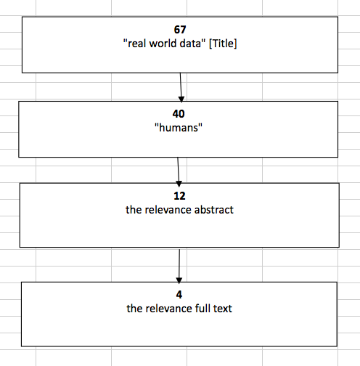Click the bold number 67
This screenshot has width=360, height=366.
pos(180,30)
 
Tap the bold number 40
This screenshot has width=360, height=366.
pos(179,114)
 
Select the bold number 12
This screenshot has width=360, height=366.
pos(179,196)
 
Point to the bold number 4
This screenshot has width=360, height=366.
pos(179,295)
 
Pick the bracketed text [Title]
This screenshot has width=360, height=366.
pos(223,44)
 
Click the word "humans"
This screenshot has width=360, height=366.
pos(179,128)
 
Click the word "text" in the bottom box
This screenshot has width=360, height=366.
pos(223,309)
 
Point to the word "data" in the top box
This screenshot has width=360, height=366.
pos(192,44)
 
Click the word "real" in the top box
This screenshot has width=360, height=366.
pos(135,44)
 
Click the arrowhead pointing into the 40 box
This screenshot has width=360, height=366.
pos(181,99)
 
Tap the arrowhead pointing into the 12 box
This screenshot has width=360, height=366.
pos(179,184)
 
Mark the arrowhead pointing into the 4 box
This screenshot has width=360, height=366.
pos(179,280)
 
